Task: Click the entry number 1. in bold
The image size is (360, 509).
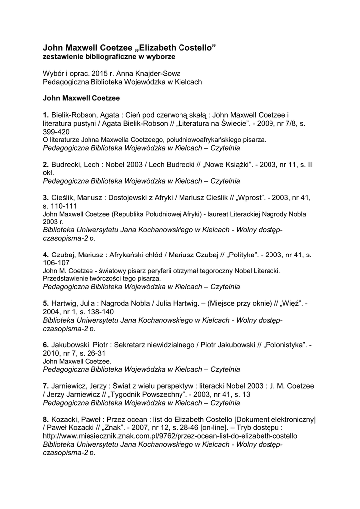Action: coord(46,115)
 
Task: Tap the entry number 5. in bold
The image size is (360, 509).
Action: coord(46,303)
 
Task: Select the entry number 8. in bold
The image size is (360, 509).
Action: coord(46,419)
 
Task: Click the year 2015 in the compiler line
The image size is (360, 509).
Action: coord(100,73)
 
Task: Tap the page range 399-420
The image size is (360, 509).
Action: coord(56,132)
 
